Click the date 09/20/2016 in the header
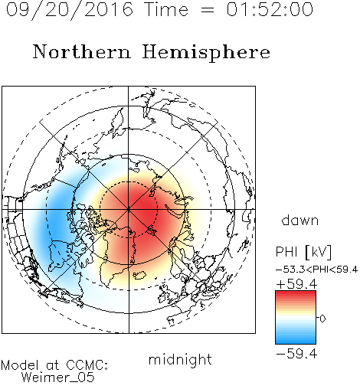pos(70,10)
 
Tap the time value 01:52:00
pos(270,9)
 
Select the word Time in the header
pos(166,9)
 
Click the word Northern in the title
pos(81,51)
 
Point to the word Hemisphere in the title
pos(206,53)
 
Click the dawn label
pos(300,220)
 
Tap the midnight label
pos(180,360)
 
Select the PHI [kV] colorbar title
pos(303,252)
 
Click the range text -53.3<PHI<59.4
pos(316,270)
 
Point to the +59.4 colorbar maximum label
pos(296,284)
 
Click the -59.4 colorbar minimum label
pos(296,354)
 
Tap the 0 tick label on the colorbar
pos(322,319)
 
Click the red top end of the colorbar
pos(296,293)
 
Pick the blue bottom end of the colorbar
pos(296,342)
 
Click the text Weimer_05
pos(58,378)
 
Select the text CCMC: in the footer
pos(87,365)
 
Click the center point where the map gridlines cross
pos(129,210)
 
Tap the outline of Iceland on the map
pos(139,275)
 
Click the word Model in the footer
pos(20,365)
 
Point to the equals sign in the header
pos(208,10)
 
